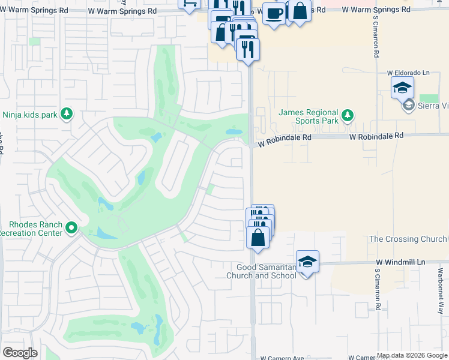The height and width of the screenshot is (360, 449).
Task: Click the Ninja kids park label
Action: pyautogui.click(x=29, y=113)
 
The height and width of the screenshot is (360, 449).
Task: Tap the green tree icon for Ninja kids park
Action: pyautogui.click(x=66, y=113)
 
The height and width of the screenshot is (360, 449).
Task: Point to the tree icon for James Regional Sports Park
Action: pyautogui.click(x=346, y=114)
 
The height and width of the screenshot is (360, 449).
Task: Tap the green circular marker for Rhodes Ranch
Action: pyautogui.click(x=72, y=227)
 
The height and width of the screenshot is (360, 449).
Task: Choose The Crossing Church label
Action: pyautogui.click(x=408, y=239)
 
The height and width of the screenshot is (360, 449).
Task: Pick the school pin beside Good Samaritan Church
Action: pyautogui.click(x=307, y=262)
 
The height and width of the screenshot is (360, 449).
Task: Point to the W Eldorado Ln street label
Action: pyautogui.click(x=410, y=73)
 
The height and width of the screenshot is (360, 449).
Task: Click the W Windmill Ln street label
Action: pyautogui.click(x=400, y=263)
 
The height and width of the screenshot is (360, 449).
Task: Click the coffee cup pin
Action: pyautogui.click(x=274, y=13)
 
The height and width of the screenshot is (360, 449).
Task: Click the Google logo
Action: pyautogui.click(x=19, y=353)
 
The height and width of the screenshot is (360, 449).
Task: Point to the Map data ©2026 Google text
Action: pyautogui.click(x=412, y=356)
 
